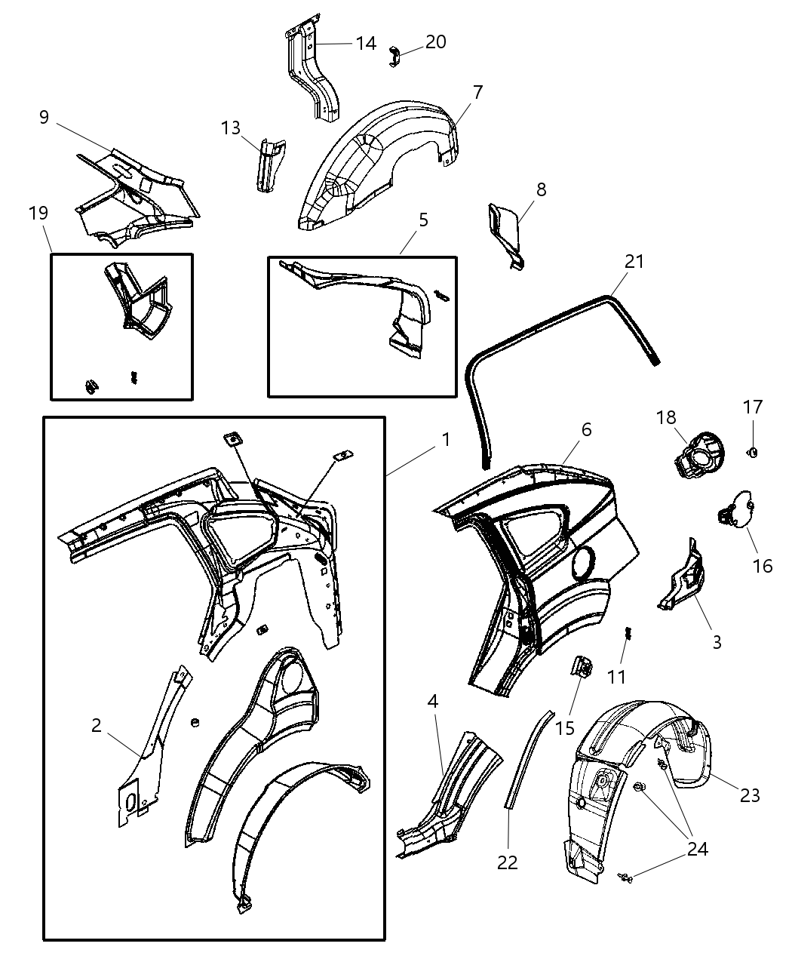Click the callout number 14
click(366, 44)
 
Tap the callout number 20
click(435, 42)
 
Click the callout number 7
click(477, 92)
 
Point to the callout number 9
click(44, 117)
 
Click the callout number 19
click(38, 214)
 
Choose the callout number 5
click(423, 220)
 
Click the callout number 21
click(634, 261)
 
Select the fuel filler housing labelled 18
click(698, 456)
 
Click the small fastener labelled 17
click(753, 451)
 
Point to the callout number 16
click(763, 565)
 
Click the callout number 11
click(617, 676)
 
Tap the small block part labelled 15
click(581, 667)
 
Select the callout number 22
click(508, 862)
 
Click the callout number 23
click(750, 794)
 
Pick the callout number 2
click(96, 725)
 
